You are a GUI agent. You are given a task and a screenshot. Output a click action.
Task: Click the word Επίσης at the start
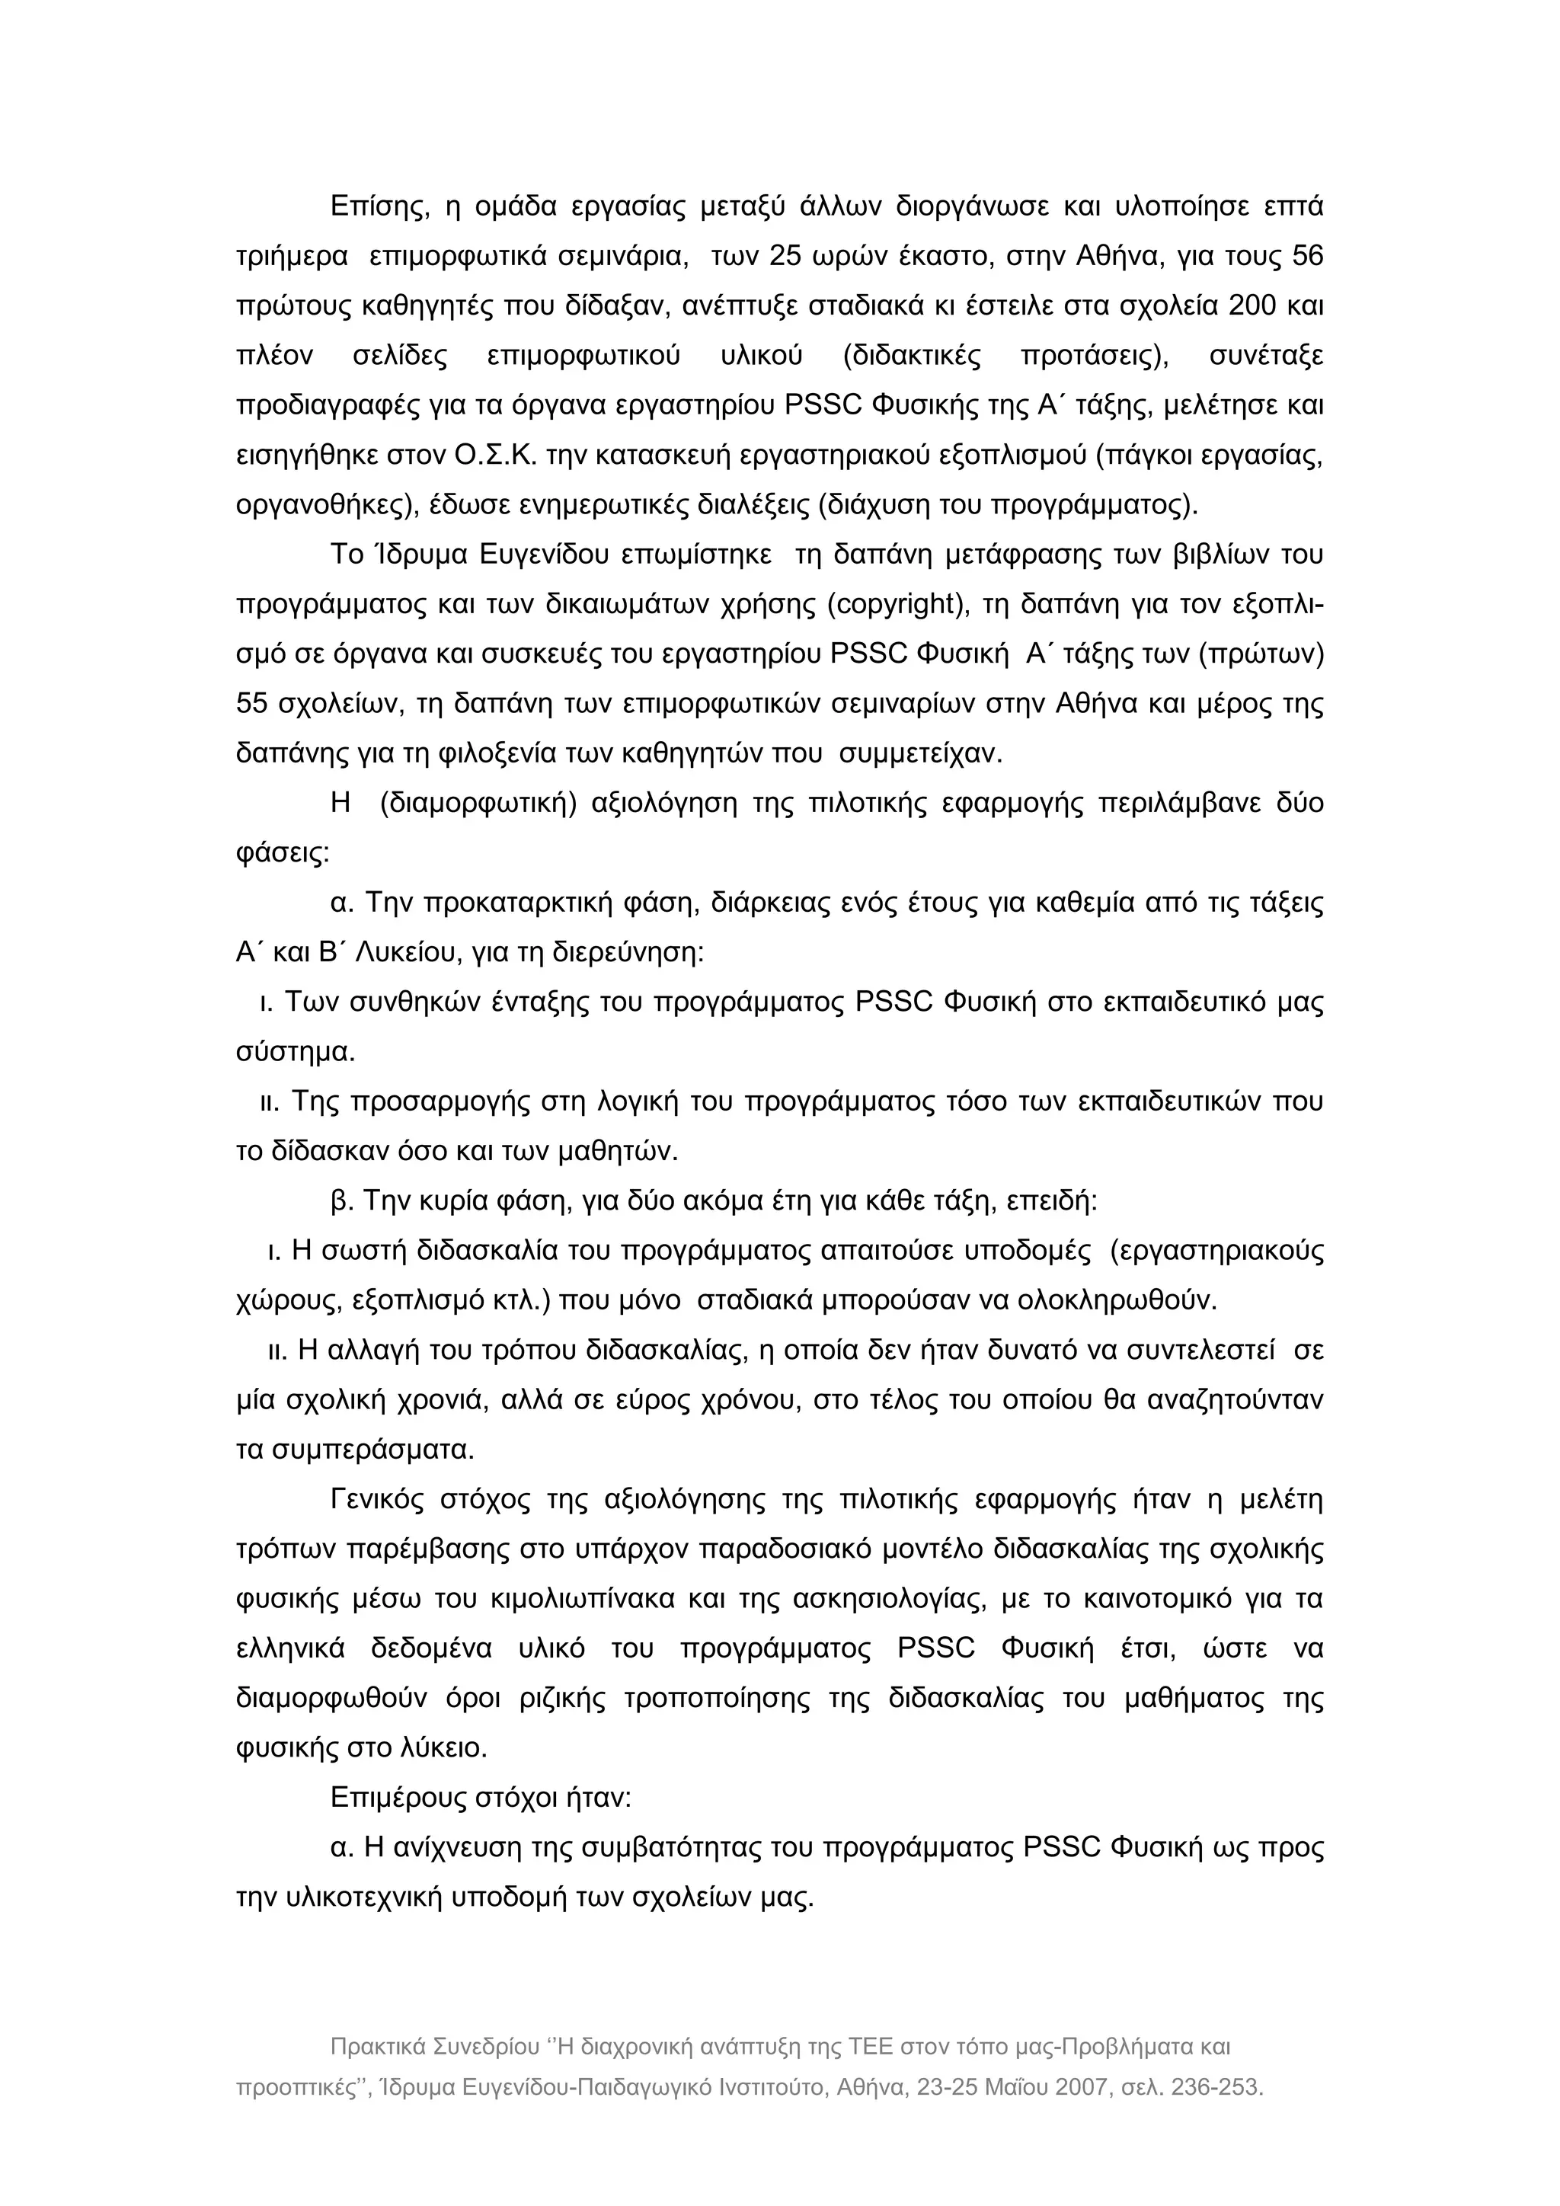click(379, 207)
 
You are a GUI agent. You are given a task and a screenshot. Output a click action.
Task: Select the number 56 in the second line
click(1307, 257)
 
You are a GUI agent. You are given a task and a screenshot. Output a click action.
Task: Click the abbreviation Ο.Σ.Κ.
click(496, 456)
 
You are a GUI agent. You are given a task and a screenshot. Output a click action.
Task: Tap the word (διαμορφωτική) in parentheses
click(478, 803)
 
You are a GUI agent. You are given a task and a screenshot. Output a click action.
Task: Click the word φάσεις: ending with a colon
click(283, 853)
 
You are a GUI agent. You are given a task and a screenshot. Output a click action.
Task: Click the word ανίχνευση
click(467, 1848)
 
